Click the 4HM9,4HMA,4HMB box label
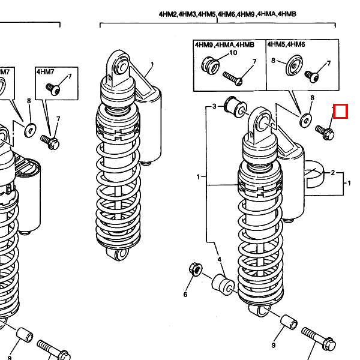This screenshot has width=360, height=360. click(224, 44)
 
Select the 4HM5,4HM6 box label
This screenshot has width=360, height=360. click(286, 44)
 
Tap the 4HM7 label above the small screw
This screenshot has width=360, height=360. click(45, 72)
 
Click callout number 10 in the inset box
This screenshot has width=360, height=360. click(233, 53)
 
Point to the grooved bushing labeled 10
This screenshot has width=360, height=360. click(211, 66)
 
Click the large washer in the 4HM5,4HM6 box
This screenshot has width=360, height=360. click(294, 65)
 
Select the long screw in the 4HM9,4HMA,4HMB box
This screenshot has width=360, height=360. click(233, 78)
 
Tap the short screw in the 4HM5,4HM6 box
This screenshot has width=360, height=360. click(311, 76)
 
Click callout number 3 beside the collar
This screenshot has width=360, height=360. click(214, 106)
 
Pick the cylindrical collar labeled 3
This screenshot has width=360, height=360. click(236, 107)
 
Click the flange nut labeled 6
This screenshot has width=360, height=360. click(196, 269)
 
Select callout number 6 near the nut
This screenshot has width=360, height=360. click(185, 295)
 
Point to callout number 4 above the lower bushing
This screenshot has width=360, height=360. click(220, 259)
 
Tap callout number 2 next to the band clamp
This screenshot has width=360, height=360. click(333, 173)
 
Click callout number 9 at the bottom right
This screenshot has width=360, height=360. click(274, 345)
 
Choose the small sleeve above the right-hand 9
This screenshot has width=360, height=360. click(289, 322)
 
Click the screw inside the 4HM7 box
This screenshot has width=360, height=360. click(53, 89)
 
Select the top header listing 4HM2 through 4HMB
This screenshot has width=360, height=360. click(227, 14)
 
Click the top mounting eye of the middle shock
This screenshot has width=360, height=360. click(121, 65)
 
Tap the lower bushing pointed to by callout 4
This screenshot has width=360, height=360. click(223, 284)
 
